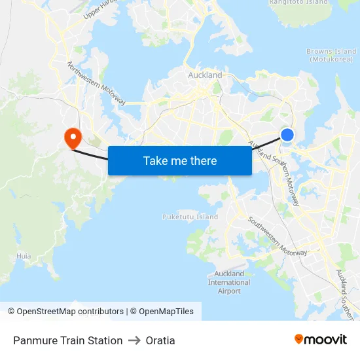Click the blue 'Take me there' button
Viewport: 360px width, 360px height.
pos(179,160)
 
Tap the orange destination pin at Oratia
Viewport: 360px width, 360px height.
pos(71,137)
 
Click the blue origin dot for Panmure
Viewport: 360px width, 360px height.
pos(287,135)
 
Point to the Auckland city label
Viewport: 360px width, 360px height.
pos(205,75)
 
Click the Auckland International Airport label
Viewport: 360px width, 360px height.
pos(229,282)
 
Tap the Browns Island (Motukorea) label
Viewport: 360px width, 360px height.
pos(331,55)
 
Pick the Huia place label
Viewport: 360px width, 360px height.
pos(24,256)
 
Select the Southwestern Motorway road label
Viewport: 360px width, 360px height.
pos(277,235)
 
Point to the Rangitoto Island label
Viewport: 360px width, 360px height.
pos(298,3)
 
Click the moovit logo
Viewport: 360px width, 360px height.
pos(321,340)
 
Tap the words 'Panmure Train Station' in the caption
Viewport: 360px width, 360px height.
pos(68,340)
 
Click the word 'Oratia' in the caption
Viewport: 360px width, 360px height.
pos(160,340)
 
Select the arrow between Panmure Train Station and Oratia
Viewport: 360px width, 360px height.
pos(134,340)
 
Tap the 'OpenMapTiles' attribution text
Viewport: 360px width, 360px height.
pos(166,312)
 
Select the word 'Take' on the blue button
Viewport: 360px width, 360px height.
pos(154,160)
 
